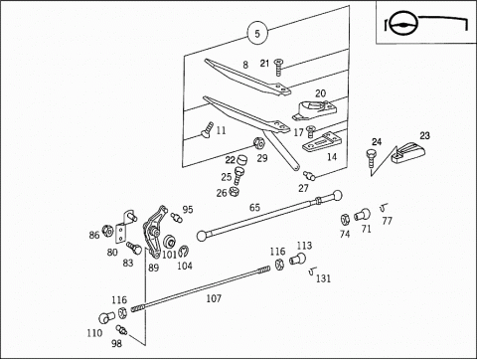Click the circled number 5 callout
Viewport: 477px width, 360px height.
(257, 33)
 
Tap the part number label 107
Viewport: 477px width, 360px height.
(214, 298)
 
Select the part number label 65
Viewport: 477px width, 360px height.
(254, 208)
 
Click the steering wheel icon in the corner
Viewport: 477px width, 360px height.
(403, 23)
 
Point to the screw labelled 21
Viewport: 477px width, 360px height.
(278, 68)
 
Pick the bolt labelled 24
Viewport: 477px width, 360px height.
(371, 158)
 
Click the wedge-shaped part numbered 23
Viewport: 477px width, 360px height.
(408, 152)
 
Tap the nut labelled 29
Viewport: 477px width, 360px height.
(258, 143)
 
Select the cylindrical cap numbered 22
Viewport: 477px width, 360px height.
(241, 159)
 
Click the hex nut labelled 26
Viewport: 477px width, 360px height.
(235, 191)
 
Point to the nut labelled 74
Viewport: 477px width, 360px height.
(345, 219)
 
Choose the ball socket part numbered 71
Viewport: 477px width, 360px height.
(363, 215)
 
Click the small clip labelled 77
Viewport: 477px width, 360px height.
(384, 208)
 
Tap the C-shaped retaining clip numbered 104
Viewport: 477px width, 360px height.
(184, 252)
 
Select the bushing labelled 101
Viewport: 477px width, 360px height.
(170, 242)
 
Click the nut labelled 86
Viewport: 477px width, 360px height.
(107, 231)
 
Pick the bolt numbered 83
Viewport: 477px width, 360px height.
(134, 248)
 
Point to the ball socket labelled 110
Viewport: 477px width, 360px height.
(106, 318)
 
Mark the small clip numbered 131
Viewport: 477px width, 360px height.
(312, 271)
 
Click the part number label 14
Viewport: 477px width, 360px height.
(332, 157)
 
